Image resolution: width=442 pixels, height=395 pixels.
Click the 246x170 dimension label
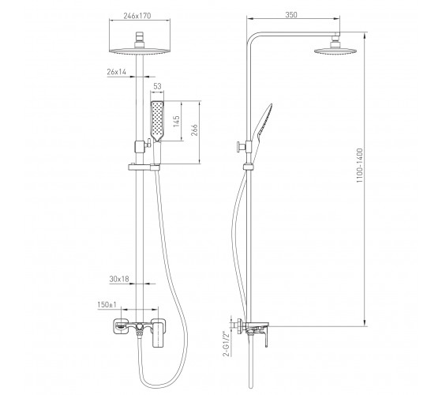click(137, 16)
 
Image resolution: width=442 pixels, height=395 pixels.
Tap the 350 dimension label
click(291, 15)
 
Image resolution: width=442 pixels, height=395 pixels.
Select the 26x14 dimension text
click(117, 72)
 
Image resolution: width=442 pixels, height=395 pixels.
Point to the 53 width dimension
click(157, 86)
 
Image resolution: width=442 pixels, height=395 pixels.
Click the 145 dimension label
click(177, 122)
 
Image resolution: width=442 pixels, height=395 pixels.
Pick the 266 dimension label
click(194, 130)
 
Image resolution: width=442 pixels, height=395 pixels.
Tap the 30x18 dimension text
click(119, 279)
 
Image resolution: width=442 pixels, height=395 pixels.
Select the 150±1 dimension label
click(107, 305)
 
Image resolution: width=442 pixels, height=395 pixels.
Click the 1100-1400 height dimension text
click(360, 166)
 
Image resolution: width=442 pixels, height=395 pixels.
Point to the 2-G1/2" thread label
click(227, 344)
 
